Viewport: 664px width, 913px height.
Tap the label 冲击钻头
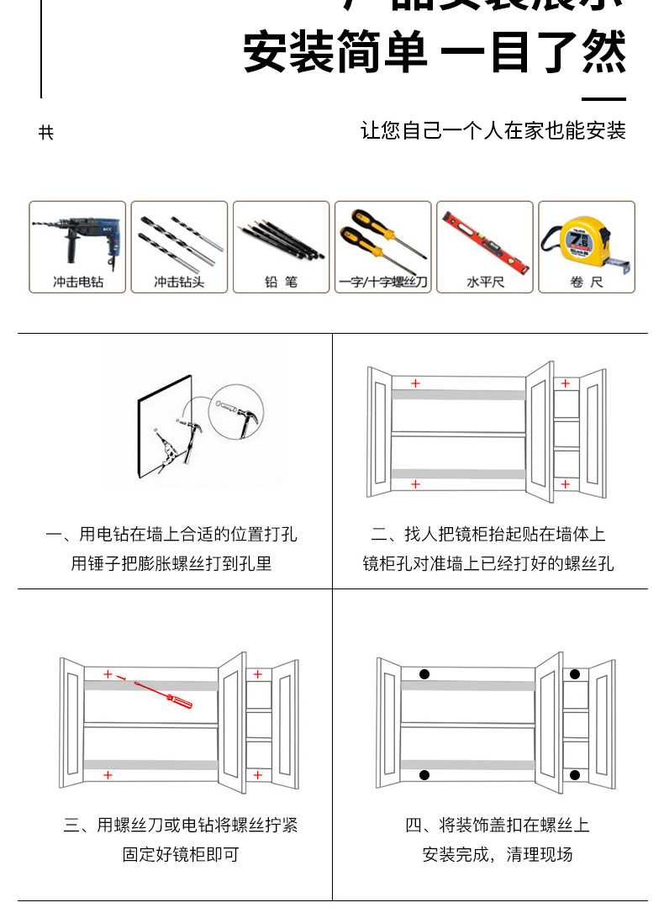pos(178,282)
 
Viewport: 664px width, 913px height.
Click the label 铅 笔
pos(281,282)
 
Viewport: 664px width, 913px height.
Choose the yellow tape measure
pos(585,240)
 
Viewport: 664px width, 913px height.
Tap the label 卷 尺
pos(586,282)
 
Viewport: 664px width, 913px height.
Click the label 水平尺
pos(485,282)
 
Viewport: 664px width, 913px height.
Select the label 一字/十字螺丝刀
pos(382,282)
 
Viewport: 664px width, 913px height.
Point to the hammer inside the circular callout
pos(245,417)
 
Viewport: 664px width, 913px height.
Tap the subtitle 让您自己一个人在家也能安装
pos(493,131)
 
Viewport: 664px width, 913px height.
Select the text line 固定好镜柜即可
pos(181,854)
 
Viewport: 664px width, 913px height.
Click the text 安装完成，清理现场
pos(498,854)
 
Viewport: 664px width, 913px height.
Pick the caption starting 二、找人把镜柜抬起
pos(488,535)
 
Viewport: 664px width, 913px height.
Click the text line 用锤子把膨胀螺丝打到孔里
pos(171,563)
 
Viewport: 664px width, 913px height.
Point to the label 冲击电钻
pos(78,282)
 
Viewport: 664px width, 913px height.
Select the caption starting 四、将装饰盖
pos(498,825)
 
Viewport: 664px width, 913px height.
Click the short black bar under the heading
pos(604,99)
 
